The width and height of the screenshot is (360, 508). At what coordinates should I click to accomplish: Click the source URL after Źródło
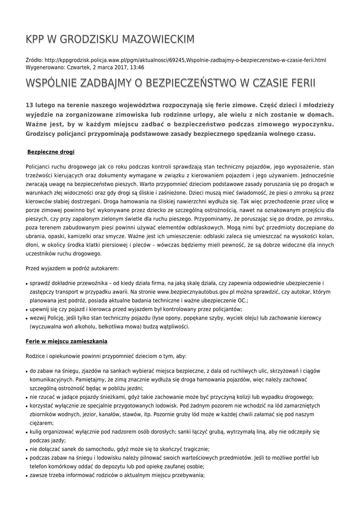(189, 60)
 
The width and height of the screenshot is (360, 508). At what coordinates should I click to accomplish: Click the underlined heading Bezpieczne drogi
(51, 151)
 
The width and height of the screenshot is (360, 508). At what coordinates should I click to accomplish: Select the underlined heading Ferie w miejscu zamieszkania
(66, 342)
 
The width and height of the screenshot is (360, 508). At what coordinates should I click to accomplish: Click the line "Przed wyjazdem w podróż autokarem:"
(72, 268)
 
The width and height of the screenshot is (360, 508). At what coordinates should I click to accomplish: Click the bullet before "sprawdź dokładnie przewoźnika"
(26, 283)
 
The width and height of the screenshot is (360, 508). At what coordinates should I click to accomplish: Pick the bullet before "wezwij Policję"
(26, 319)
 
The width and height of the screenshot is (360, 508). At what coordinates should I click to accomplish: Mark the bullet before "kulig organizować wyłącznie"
(26, 432)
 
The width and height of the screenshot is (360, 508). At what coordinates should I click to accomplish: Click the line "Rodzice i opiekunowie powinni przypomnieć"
(106, 356)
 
